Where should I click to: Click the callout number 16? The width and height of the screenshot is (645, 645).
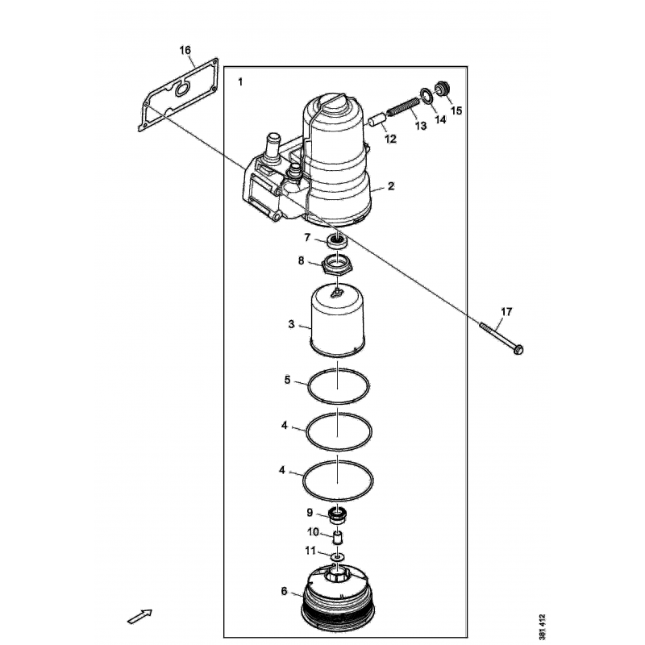click(x=185, y=51)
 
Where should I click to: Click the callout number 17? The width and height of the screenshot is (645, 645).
click(x=506, y=311)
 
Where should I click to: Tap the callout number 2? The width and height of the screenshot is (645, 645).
click(x=390, y=186)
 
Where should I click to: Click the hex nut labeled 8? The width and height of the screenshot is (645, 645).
click(x=337, y=264)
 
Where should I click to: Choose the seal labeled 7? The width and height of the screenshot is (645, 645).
click(x=337, y=239)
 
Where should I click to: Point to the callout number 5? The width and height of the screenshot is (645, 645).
click(x=287, y=380)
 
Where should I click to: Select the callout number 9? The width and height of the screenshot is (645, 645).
click(x=310, y=512)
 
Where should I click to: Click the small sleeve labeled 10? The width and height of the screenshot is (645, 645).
click(x=338, y=535)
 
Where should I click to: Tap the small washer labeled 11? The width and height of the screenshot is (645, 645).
click(x=338, y=556)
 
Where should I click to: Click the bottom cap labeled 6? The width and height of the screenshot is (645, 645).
click(x=339, y=601)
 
